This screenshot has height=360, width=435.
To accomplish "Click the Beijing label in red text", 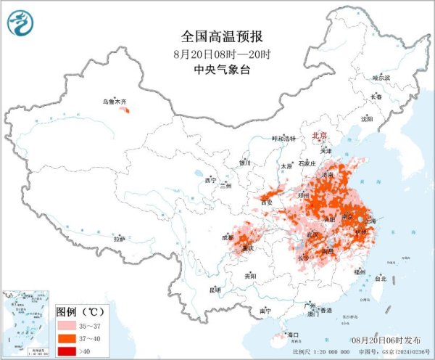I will click(x=319, y=136).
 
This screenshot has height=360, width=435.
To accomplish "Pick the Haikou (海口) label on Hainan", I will click(x=294, y=335).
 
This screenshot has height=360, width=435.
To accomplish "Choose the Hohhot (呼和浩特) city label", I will click(x=284, y=139).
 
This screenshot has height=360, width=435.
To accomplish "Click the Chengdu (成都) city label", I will click(x=228, y=237).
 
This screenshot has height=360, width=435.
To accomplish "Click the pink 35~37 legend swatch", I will click(x=65, y=326).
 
